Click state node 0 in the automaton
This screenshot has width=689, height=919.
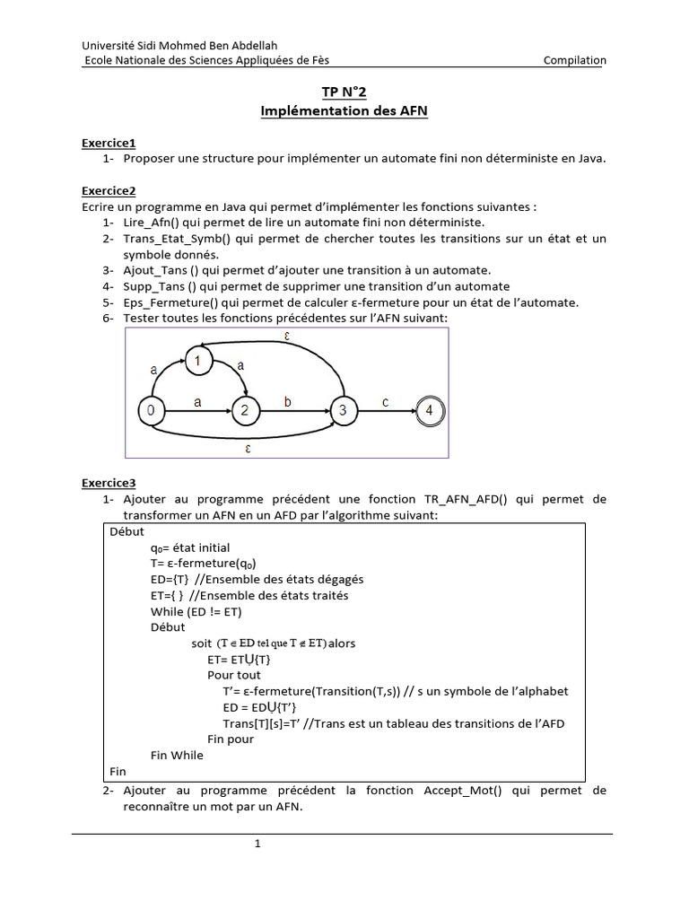[x=150, y=410]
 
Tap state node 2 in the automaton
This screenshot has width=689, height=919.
[x=243, y=410]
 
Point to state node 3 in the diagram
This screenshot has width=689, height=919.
[x=342, y=410]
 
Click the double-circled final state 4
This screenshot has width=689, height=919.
[x=430, y=410]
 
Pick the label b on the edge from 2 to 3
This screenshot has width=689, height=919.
[x=287, y=402]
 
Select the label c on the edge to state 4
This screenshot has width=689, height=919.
[x=385, y=402]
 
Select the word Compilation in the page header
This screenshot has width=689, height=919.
[x=574, y=60]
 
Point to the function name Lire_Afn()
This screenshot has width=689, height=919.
[x=153, y=222]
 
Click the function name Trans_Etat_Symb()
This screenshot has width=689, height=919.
[x=176, y=238]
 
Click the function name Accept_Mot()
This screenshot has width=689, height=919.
[x=458, y=790]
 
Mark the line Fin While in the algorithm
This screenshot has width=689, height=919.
[x=177, y=755]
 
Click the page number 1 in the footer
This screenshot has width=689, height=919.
[x=257, y=844]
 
